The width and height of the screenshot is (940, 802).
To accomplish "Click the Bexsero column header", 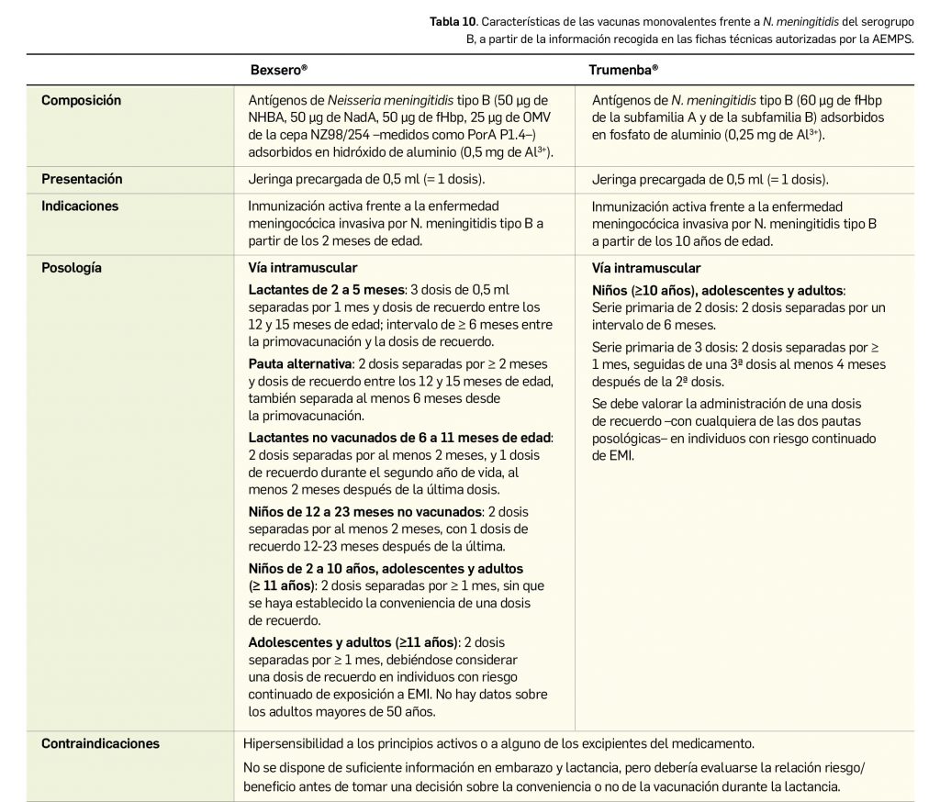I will coord(278,69).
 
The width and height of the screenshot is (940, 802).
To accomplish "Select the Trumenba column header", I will coord(623,69).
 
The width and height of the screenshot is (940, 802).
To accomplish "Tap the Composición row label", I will coord(81,100).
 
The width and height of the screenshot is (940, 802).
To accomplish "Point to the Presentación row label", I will coord(82,179).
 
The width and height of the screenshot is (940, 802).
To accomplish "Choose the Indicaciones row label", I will coord(80,206).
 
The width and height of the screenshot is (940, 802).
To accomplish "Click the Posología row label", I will coord(72,269).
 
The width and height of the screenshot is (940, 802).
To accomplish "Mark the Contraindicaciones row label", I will coord(100,744).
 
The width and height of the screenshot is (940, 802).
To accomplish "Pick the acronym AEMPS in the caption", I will coord(893,39).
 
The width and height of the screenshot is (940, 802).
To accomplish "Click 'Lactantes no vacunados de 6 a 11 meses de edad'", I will coord(400,439).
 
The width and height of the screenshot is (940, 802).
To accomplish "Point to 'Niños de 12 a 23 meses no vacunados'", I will coord(364,511).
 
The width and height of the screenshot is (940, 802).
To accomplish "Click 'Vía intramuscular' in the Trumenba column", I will coord(646,269).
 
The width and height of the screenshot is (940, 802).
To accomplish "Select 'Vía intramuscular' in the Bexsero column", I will coord(303,269).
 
